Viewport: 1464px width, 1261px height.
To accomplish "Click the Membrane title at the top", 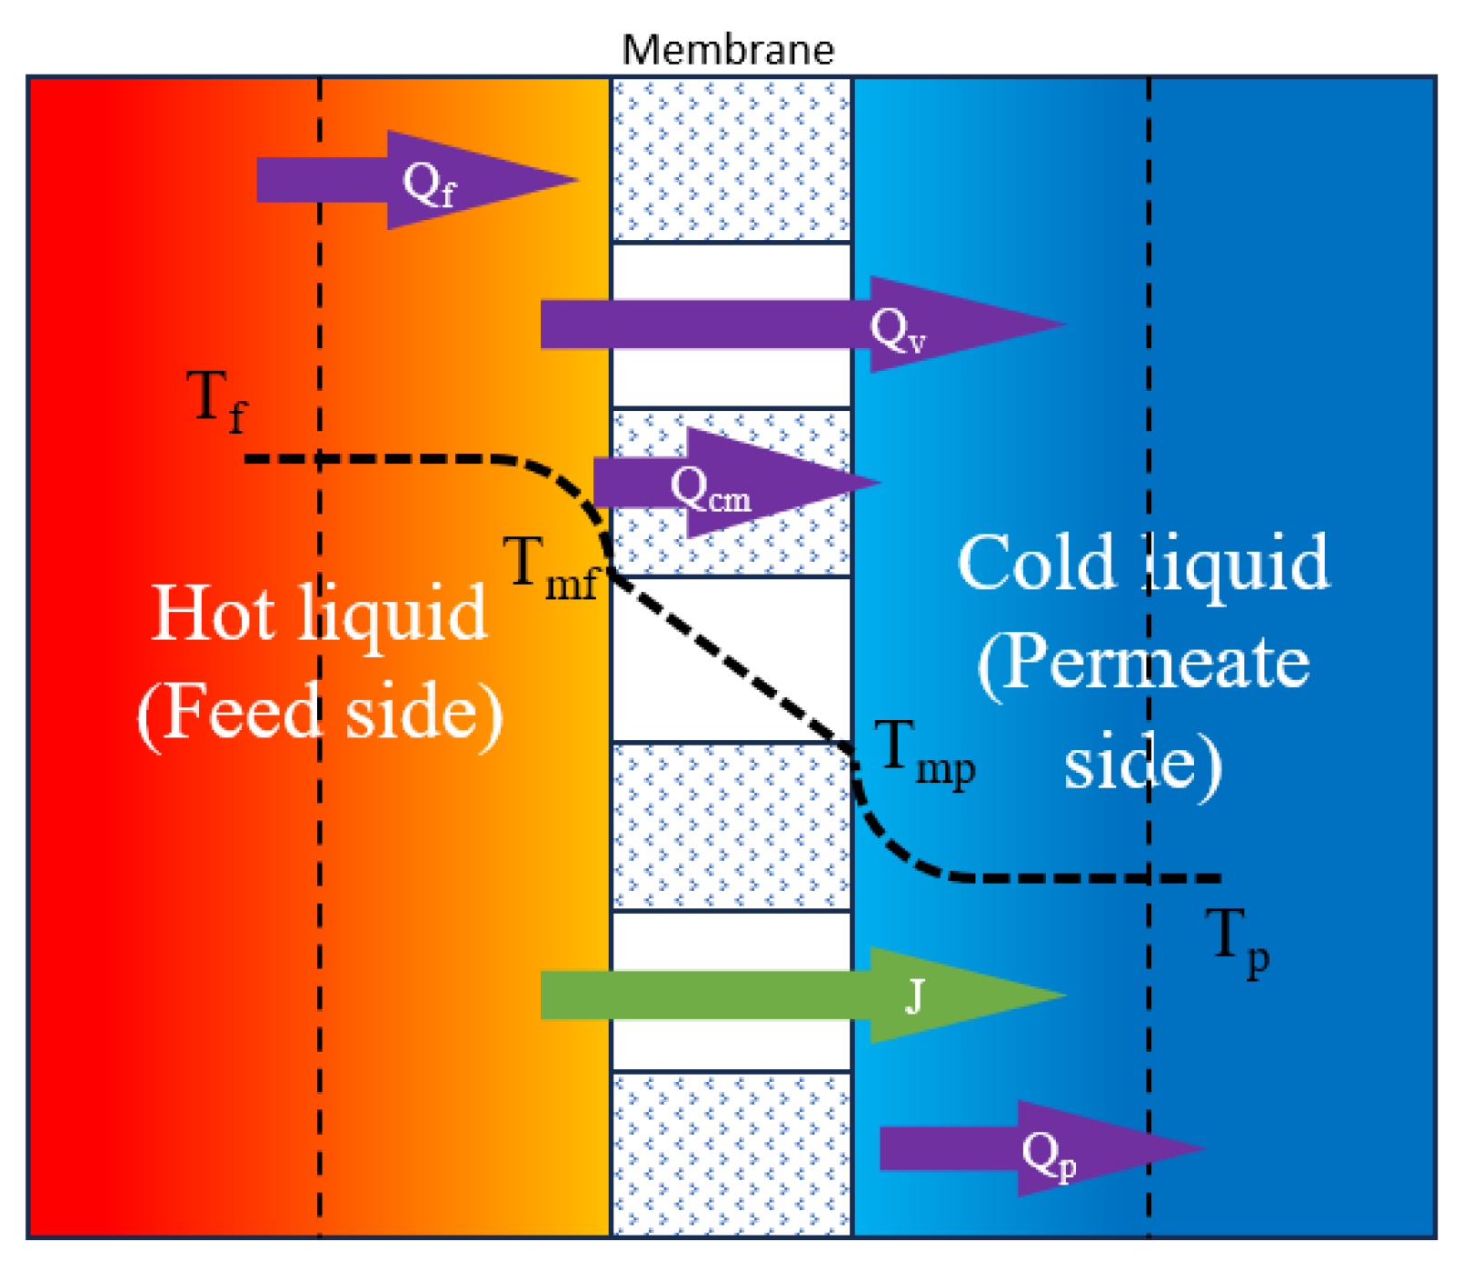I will coord(728,49).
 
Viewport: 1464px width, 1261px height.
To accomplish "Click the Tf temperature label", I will coord(216,400).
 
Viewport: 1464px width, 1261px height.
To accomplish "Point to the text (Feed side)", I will coord(320,712).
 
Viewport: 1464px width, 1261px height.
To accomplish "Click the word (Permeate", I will coord(1143,662).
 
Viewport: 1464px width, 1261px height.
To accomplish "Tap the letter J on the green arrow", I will coord(914,996).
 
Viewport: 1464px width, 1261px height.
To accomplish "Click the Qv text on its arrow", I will coord(898,328).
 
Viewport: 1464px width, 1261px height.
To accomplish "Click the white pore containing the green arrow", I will coord(732,1046).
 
